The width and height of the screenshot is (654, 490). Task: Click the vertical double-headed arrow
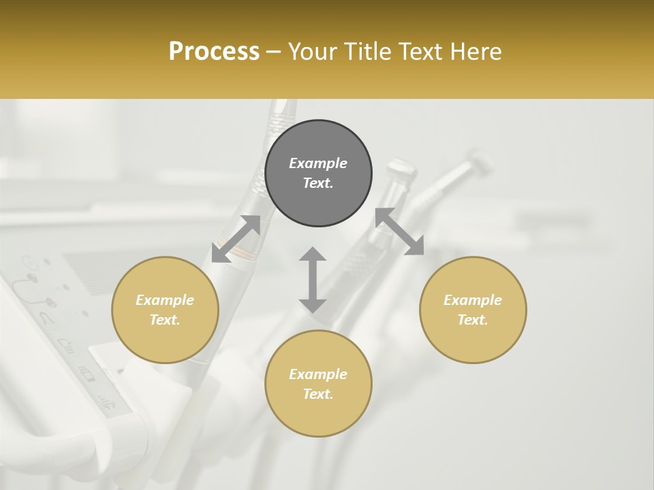click(x=313, y=280)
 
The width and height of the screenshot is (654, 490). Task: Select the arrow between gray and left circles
click(x=236, y=239)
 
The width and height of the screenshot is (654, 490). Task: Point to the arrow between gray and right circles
click(x=399, y=231)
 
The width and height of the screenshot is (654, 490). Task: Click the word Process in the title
click(x=214, y=52)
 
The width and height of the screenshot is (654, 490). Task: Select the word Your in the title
click(x=312, y=52)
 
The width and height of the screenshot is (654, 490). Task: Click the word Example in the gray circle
click(x=318, y=163)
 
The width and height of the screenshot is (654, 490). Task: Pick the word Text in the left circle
click(x=165, y=320)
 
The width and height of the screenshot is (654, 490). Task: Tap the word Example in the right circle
click(x=473, y=300)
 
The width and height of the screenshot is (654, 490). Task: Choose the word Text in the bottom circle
click(x=318, y=394)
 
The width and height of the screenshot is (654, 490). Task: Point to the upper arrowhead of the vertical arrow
click(x=313, y=255)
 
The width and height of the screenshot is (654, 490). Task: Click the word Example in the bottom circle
click(x=318, y=374)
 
